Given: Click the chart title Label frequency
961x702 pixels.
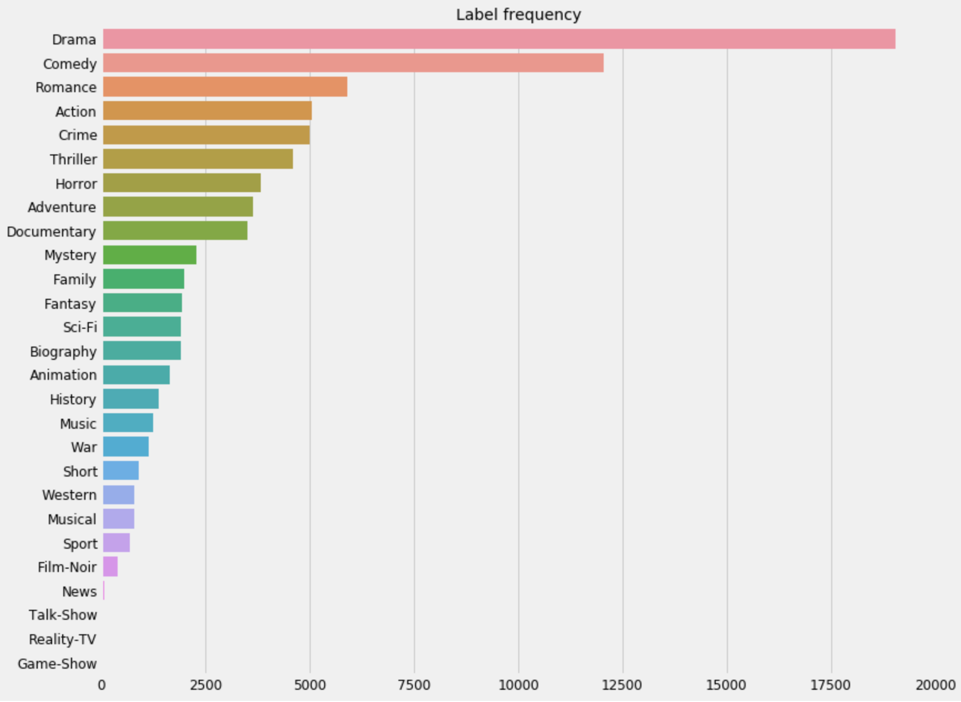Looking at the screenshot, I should pos(518,14).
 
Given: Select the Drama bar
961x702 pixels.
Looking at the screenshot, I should pos(499,39).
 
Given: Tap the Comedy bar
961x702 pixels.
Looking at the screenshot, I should pos(353,63).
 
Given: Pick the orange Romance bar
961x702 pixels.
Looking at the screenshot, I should pos(225,87).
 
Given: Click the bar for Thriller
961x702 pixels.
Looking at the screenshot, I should pos(198,159).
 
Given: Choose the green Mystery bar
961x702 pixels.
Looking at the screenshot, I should pos(149,255).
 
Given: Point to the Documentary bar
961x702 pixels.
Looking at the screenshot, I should pos(175,230).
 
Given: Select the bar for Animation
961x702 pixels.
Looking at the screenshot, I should pos(136,375).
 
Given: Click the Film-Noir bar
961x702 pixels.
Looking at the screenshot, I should pos(110,566).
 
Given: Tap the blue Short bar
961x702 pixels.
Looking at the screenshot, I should pos(120,471).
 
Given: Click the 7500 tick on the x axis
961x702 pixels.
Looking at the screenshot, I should pos(414,685).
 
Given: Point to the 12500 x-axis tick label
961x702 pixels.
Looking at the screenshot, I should pos(622,685).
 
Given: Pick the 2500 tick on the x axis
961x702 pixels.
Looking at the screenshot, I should pos(206,685).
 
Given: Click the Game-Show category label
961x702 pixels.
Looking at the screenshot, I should pos(57,664).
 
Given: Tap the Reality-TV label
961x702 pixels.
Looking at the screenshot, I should pos(63,639).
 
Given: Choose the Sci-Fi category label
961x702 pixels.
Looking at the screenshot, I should pos(80,327).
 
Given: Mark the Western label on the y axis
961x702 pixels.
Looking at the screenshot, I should pos(69,495).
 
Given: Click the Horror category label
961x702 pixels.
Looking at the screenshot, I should pos(76,183).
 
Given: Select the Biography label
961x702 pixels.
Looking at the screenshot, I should pos(63,352).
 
